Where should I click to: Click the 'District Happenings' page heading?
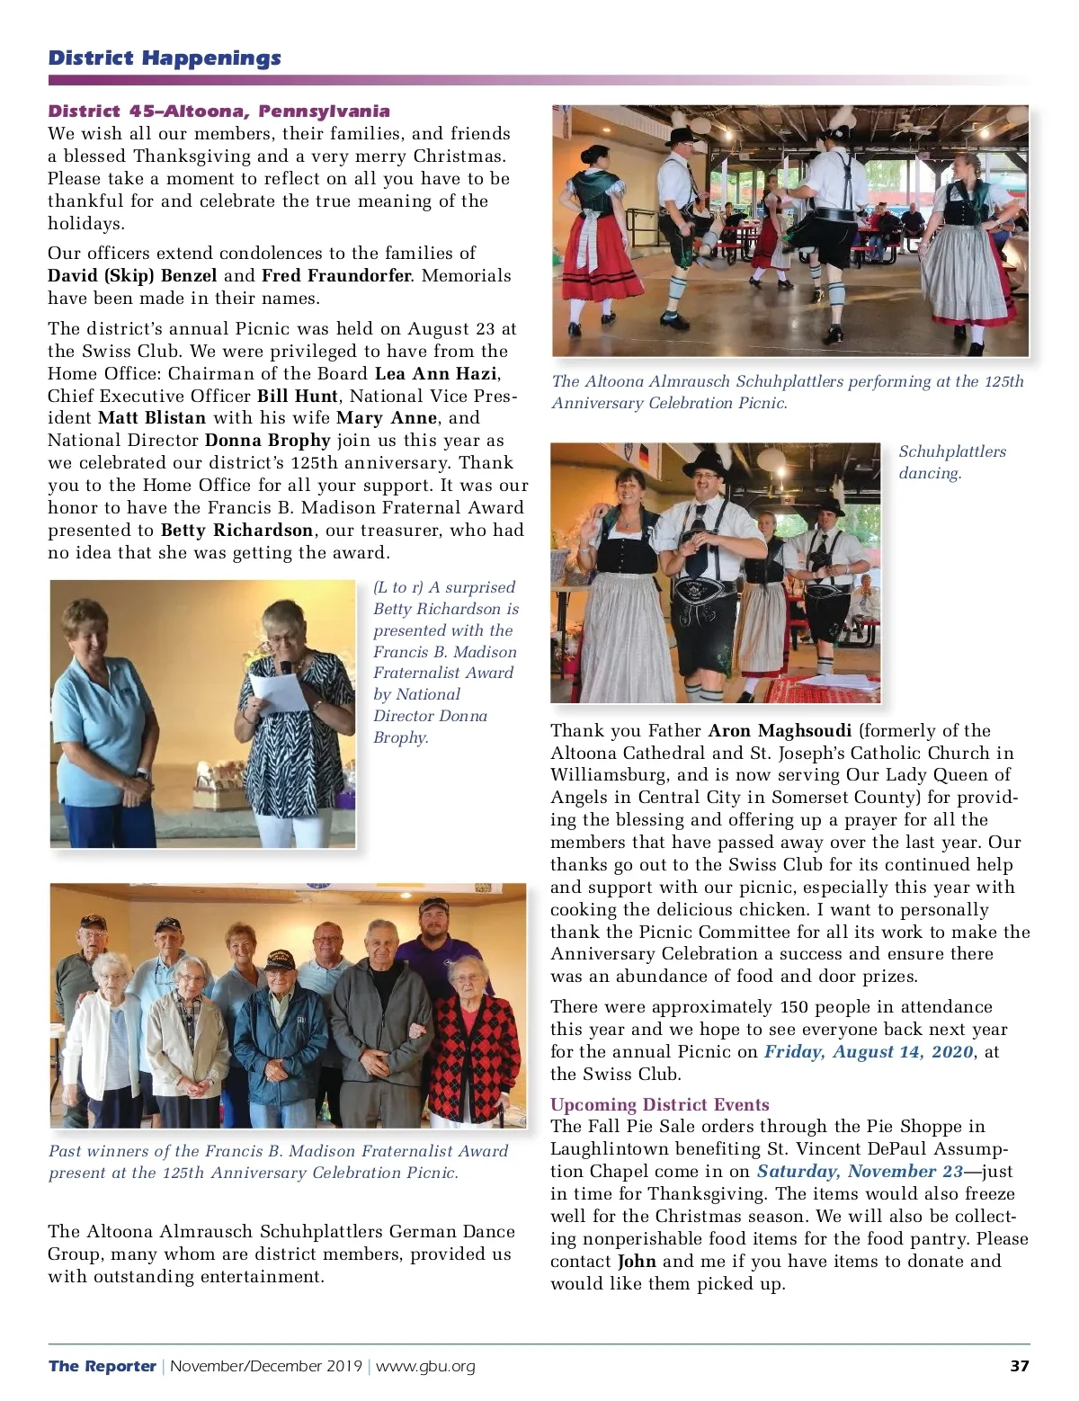[165, 58]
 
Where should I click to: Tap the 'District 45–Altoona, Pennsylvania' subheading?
[218, 112]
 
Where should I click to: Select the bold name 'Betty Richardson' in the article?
[237, 531]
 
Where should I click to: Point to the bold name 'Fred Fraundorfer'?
[336, 276]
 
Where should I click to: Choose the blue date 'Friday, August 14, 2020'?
[869, 1052]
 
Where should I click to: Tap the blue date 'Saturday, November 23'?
[860, 1172]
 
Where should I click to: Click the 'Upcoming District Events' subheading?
[659, 1105]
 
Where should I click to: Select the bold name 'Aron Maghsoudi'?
[780, 731]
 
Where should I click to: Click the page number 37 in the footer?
[1019, 1366]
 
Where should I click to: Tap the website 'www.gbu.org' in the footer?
[425, 1367]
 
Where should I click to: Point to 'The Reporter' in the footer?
[103, 1367]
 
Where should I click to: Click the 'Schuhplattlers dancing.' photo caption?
[951, 462]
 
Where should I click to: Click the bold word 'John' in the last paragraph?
[637, 1262]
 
